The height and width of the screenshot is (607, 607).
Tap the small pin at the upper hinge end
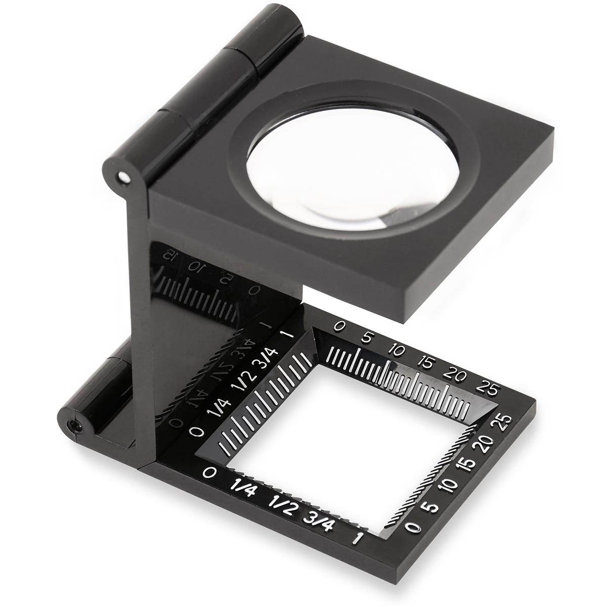[x=121, y=177]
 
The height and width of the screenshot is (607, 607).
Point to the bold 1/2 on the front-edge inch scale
[x=280, y=502]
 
